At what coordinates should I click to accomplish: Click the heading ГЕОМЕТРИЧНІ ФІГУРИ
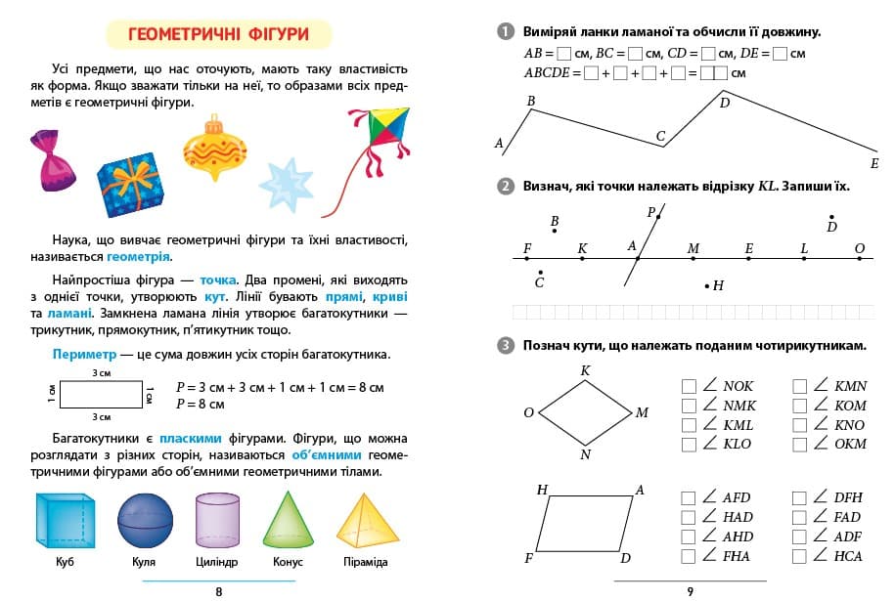point(218,34)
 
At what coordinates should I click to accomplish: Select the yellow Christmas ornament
point(214,151)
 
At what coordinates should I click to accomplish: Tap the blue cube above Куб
point(65,520)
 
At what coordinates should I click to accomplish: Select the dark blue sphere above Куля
point(145,520)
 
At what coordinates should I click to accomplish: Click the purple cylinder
point(217,520)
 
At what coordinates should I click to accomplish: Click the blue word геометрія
point(138,257)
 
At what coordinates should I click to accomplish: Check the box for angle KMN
point(799,386)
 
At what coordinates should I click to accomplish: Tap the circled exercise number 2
point(505,187)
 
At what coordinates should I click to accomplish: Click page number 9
point(689,590)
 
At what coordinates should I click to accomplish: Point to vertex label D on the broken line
point(725,102)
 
